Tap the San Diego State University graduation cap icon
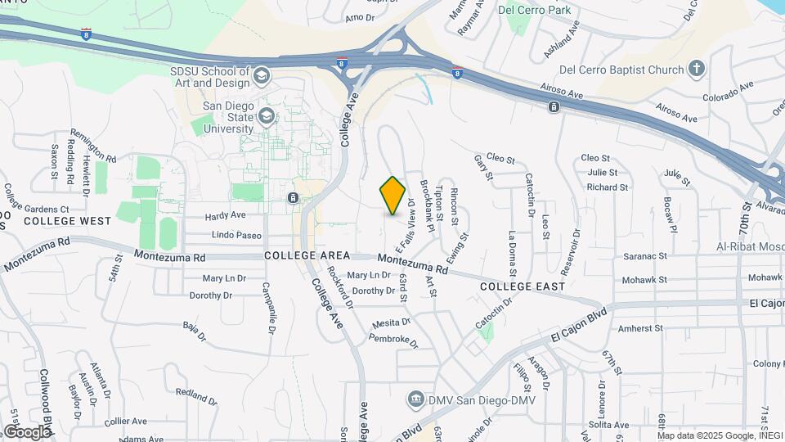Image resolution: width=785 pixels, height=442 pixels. pyautogui.click(x=267, y=117)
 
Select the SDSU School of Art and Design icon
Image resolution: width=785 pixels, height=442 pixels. pyautogui.click(x=262, y=76)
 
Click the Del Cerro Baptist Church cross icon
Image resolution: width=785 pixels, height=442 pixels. pyautogui.click(x=696, y=69)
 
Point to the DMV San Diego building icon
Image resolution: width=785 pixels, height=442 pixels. pyautogui.click(x=416, y=399)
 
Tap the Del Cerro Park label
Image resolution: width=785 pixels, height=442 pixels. pyautogui.click(x=534, y=11)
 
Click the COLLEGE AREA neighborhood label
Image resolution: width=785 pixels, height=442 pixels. pyautogui.click(x=302, y=255)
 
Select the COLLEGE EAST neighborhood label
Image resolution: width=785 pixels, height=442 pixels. pyautogui.click(x=523, y=286)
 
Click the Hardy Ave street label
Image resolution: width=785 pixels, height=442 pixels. pyautogui.click(x=225, y=216)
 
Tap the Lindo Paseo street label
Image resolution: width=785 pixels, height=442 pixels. pyautogui.click(x=236, y=236)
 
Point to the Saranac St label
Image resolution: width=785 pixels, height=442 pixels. pyautogui.click(x=646, y=257)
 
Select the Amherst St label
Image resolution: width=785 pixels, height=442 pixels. pyautogui.click(x=640, y=328)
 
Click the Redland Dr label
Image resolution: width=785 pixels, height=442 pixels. pyautogui.click(x=195, y=394)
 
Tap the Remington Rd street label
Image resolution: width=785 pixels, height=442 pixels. pyautogui.click(x=93, y=145)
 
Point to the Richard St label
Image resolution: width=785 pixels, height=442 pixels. pyautogui.click(x=607, y=187)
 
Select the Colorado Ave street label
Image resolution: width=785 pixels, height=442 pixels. pyautogui.click(x=729, y=92)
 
